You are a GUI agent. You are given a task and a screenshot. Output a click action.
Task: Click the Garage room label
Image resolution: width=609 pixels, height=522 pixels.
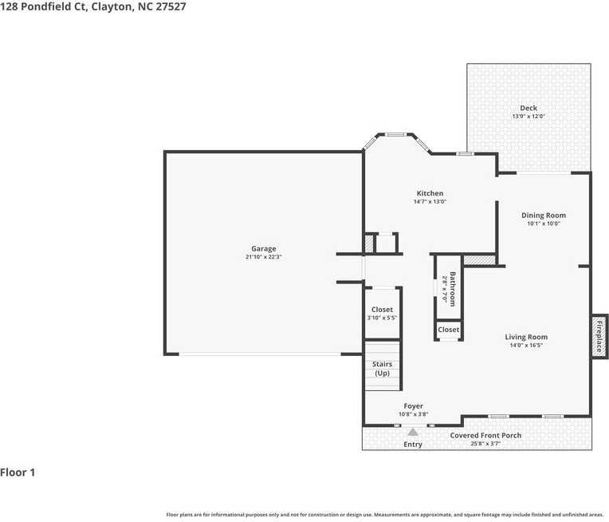[x=264, y=248]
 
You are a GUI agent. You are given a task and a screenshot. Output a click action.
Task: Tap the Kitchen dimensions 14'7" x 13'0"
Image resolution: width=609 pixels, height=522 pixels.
[x=430, y=202]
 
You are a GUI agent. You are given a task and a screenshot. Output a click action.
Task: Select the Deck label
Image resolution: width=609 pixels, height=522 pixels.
[x=528, y=108]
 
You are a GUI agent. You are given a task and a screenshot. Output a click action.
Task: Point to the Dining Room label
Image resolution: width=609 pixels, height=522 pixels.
[x=544, y=215]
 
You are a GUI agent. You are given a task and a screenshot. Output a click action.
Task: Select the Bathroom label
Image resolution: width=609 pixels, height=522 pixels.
[x=452, y=288]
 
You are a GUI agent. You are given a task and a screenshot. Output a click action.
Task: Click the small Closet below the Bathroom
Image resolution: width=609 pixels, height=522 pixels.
[x=448, y=330]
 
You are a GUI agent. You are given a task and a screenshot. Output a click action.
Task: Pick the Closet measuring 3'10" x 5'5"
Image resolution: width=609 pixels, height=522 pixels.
[x=382, y=310]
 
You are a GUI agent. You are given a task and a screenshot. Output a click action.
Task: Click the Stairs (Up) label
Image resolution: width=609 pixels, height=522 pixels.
[x=382, y=369]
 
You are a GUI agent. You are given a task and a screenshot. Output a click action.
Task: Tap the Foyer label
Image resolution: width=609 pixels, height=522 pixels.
[x=413, y=405]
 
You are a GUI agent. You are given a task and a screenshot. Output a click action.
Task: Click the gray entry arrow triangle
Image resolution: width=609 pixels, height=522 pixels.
[x=413, y=431]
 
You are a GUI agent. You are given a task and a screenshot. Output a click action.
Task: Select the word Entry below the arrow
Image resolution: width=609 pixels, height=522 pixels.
[x=413, y=444]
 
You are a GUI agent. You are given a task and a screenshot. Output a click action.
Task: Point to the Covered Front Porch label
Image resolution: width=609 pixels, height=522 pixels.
[x=485, y=435]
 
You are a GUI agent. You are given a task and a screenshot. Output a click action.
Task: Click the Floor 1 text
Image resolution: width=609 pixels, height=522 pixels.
[x=18, y=473]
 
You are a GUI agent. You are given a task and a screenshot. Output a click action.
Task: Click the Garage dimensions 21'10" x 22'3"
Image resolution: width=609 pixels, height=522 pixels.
[x=264, y=257]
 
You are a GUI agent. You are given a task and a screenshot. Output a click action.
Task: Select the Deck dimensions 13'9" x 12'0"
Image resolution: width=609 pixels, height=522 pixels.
[x=528, y=117]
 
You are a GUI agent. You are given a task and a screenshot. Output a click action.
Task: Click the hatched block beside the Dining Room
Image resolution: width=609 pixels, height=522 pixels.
[x=479, y=259]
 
